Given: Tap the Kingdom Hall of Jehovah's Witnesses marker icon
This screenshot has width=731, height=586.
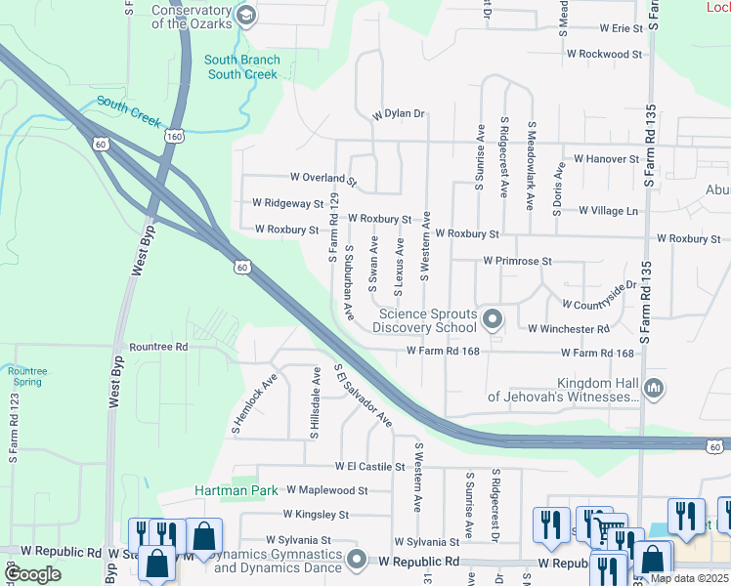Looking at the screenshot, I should [654, 390].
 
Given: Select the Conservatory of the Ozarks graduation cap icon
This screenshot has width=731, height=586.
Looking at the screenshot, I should [245, 15].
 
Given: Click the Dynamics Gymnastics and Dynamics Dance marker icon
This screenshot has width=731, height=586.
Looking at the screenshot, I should [356, 561].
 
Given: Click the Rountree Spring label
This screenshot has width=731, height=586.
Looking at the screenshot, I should [25, 376].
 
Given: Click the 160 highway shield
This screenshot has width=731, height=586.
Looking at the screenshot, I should [174, 136].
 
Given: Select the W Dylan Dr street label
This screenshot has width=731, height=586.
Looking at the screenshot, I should [401, 114].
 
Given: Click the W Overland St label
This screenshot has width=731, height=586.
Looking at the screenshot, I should [323, 179].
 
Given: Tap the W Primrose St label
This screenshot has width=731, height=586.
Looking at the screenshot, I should [518, 262].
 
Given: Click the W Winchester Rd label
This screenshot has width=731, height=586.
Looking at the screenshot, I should [568, 329].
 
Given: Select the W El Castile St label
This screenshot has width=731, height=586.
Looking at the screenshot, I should [369, 468].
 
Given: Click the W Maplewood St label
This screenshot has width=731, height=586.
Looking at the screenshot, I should [325, 490].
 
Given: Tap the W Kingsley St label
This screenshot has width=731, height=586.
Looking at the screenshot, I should [316, 514].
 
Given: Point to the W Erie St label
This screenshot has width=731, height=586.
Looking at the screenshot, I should [621, 29].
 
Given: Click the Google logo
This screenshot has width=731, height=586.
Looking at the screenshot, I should [32, 574].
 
